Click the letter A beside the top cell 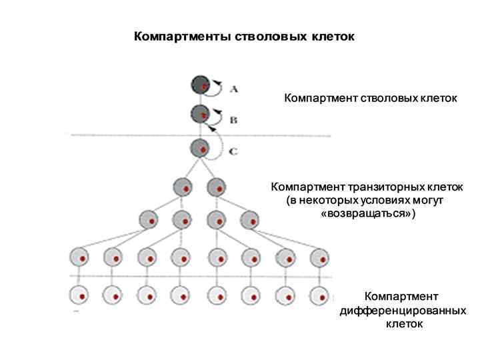(x=234, y=88)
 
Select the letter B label (x=233, y=121)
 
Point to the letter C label (x=233, y=151)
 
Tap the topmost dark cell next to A (x=200, y=85)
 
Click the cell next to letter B (x=200, y=114)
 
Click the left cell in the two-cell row (x=183, y=187)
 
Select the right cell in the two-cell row (x=216, y=187)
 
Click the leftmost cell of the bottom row (x=79, y=295)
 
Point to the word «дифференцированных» (x=403, y=311)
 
